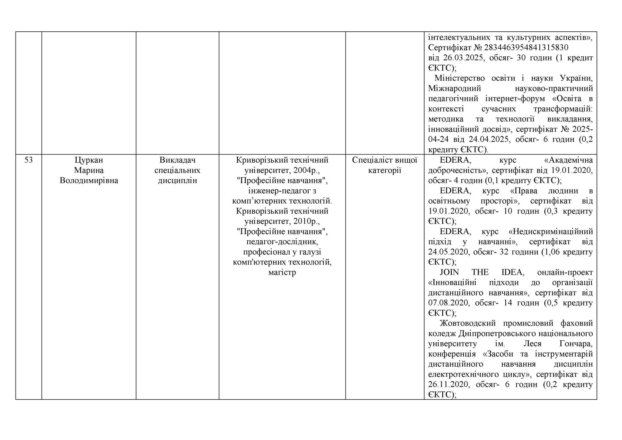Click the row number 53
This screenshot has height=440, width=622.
(x=28, y=160)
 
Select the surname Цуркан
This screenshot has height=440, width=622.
(x=89, y=160)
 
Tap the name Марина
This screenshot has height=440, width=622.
(x=89, y=170)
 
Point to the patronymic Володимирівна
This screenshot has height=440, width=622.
(x=89, y=181)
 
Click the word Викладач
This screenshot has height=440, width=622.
(x=177, y=160)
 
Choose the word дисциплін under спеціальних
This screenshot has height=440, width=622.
(x=177, y=181)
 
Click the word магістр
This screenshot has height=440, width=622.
(x=282, y=272)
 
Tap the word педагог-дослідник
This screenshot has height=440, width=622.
(x=282, y=242)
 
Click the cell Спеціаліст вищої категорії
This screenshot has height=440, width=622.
(x=384, y=165)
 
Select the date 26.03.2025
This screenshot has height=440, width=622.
(x=463, y=58)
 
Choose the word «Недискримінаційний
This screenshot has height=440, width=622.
(x=551, y=232)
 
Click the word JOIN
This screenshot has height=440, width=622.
(x=449, y=272)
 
